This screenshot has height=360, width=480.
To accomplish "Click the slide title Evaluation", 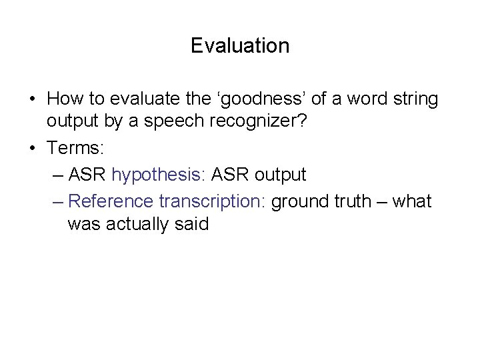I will tap(240, 45).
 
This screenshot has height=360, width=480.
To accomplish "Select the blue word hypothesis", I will tap(159, 175).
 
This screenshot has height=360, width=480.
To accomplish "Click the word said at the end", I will tap(193, 225).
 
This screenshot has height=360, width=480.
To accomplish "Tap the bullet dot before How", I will tap(33, 100).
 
